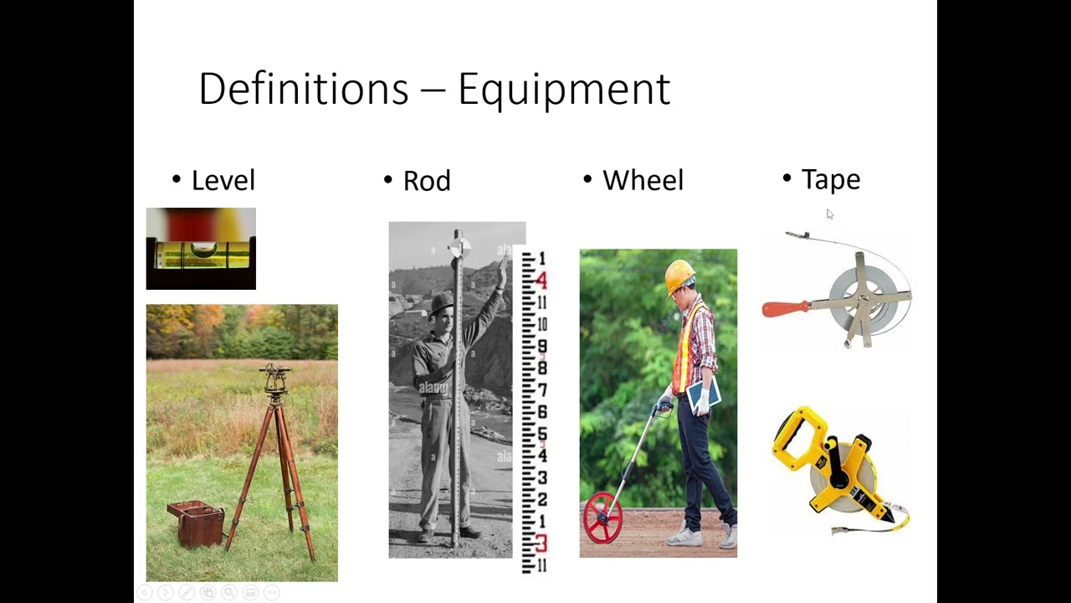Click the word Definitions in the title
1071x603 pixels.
pos(303,89)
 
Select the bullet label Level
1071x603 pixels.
pos(223,180)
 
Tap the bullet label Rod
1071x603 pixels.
pos(427,181)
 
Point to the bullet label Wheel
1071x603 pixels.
pos(643,180)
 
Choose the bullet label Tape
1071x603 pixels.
pos(830,179)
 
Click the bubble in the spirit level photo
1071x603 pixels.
pos(203,250)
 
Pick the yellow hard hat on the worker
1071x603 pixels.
pos(679,275)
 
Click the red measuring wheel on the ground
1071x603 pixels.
pos(602,518)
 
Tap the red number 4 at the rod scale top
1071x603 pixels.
pos(541,281)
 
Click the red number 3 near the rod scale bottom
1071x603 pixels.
pos(541,544)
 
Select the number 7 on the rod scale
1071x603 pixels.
pos(542,390)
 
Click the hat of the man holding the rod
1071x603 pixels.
pos(441,301)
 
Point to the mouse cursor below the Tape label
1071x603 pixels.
pos(829,214)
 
